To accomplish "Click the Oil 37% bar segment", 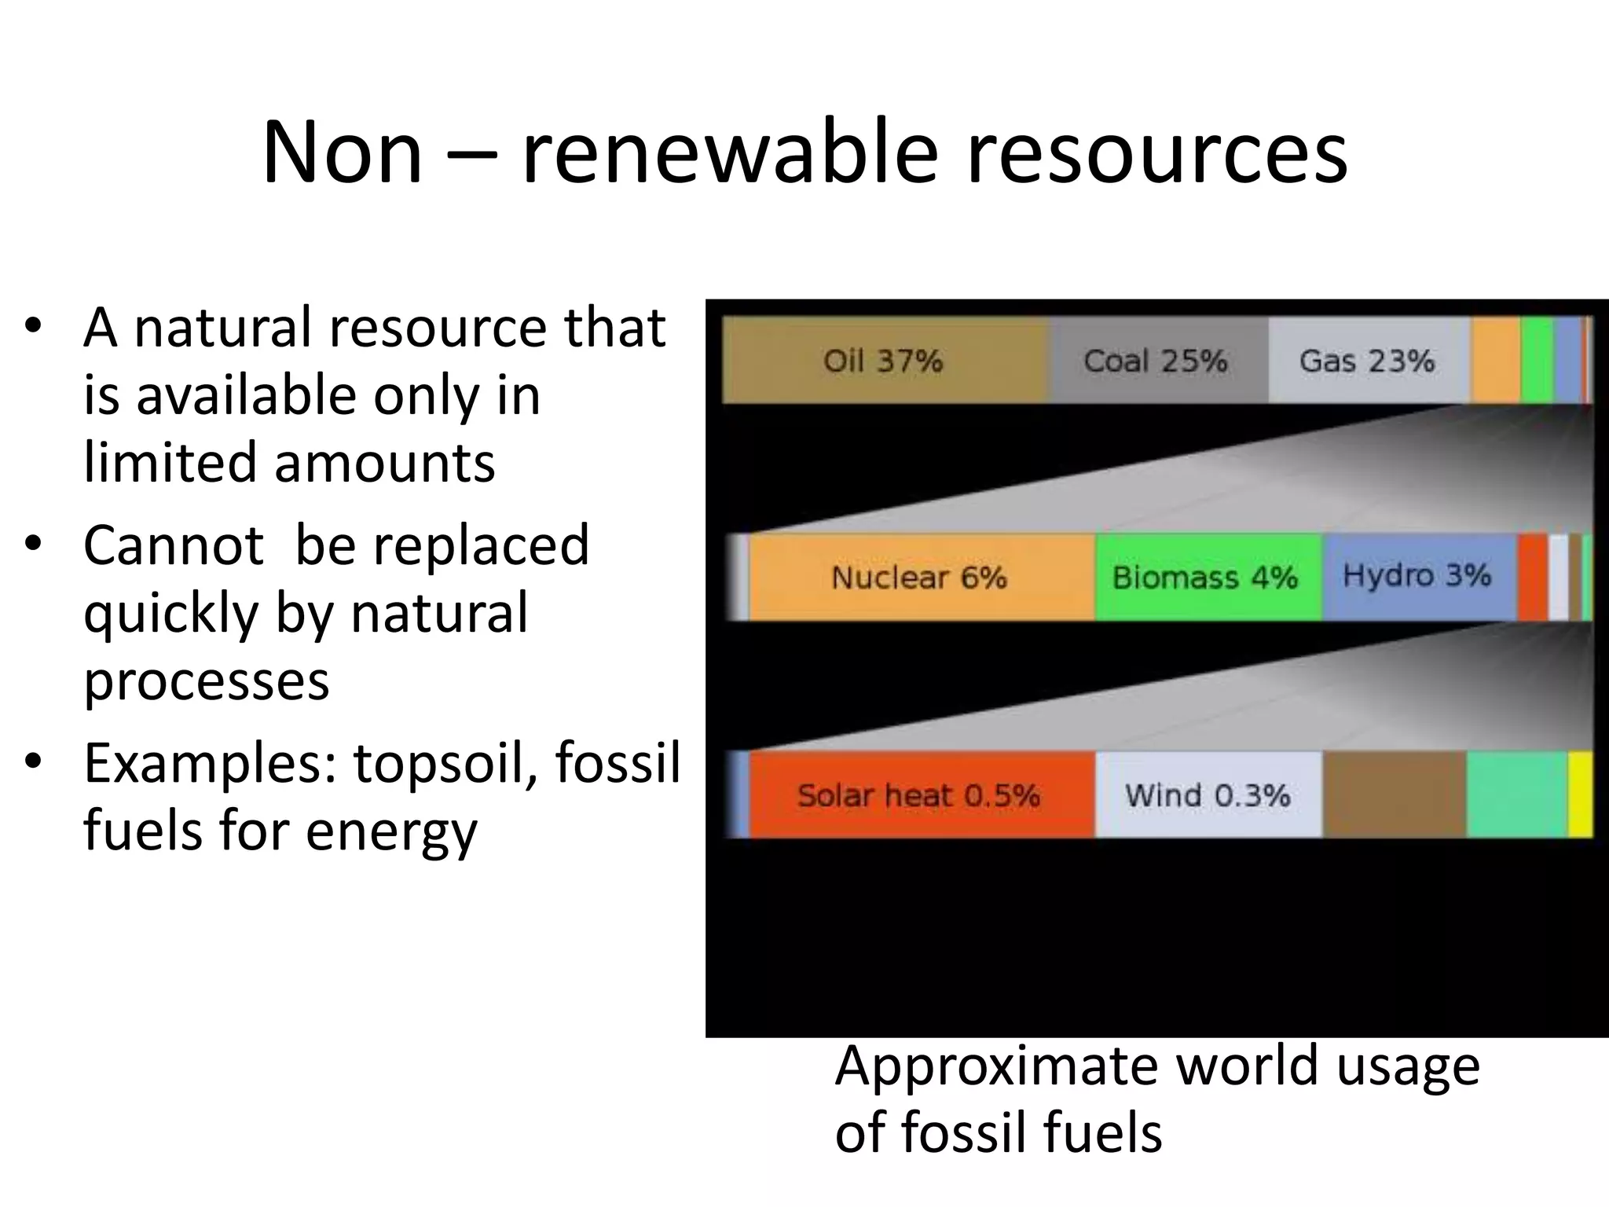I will point(885,361).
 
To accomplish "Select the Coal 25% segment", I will point(1157,361).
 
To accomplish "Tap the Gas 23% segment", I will point(1368,361).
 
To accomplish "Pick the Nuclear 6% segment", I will point(920,578).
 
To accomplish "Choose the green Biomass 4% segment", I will point(1207,578).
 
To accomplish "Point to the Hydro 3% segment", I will point(1418,576).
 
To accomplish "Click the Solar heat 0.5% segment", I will point(920,795).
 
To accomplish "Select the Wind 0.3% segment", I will point(1208,795).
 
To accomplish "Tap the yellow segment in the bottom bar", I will point(1580,794).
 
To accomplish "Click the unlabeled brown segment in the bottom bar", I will point(1395,794).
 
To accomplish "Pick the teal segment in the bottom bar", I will point(1517,794).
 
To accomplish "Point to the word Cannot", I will point(174,545).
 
